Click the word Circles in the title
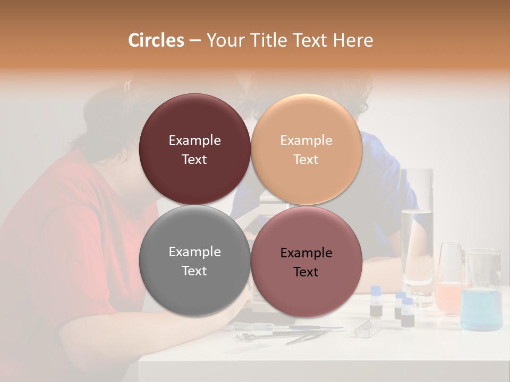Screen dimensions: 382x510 156,40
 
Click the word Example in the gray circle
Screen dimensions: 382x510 194,252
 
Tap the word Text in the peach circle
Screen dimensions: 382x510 306,159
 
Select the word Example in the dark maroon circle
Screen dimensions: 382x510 194,141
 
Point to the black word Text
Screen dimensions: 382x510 306,272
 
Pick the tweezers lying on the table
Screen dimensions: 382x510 308,336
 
